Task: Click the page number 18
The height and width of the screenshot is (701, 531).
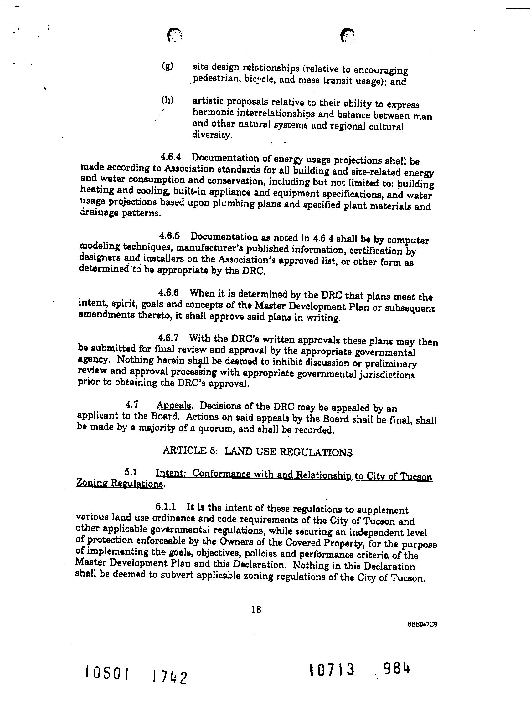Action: (x=256, y=609)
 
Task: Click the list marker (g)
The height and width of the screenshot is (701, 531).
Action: (x=167, y=66)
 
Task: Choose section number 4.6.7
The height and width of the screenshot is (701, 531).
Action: (x=168, y=338)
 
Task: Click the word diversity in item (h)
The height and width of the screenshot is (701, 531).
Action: (x=212, y=135)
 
